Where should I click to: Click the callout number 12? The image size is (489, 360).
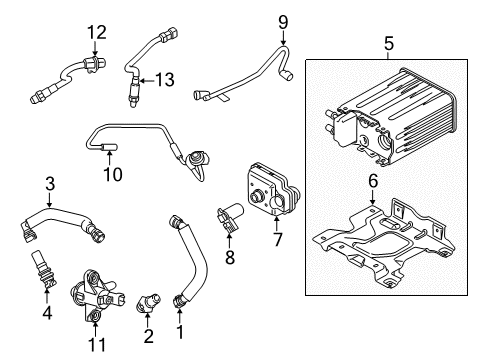[97, 32]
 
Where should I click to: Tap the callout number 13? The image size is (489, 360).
[165, 80]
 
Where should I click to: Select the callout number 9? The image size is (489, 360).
[283, 23]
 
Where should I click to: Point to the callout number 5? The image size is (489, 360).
[389, 44]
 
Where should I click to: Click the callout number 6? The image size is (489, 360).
[373, 181]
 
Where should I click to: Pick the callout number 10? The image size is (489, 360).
[113, 174]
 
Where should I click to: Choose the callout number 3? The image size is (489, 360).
[50, 184]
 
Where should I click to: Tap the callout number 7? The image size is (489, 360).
[278, 239]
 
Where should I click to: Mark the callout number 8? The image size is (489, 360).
[230, 257]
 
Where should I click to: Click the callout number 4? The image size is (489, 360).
[47, 312]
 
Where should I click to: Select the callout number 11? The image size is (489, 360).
[97, 345]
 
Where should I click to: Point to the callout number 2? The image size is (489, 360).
[149, 336]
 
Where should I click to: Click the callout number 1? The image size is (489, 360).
[180, 332]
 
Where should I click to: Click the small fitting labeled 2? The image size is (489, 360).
[148, 301]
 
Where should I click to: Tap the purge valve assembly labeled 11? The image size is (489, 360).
[97, 296]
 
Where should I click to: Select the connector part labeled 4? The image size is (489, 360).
[43, 270]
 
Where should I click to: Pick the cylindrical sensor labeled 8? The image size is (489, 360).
[230, 217]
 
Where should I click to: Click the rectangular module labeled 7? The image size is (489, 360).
[273, 189]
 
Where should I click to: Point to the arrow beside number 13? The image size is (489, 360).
[146, 80]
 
